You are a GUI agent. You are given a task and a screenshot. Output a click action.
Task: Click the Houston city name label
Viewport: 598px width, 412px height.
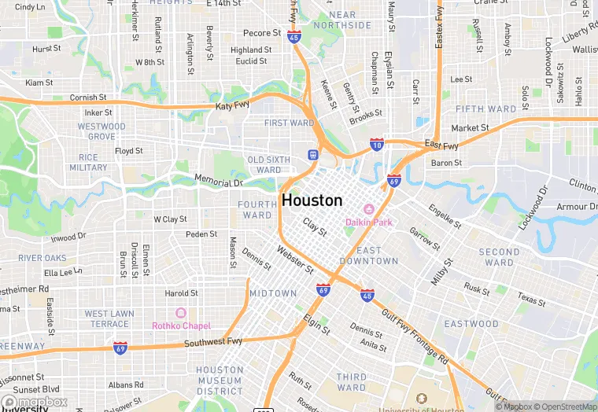tap(312, 200)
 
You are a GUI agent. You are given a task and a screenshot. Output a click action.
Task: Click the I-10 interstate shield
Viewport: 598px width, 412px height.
tap(377, 145)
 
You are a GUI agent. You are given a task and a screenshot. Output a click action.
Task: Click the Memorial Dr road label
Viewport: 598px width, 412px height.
tap(220, 182)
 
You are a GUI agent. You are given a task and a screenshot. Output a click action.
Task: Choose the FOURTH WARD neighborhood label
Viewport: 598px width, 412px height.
tap(257, 210)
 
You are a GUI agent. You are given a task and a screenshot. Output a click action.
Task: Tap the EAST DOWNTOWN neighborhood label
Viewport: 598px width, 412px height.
tap(369, 256)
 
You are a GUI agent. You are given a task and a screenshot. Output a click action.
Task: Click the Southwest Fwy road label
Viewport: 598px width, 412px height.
tap(216, 343)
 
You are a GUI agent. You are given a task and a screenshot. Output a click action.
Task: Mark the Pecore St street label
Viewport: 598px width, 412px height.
tap(262, 33)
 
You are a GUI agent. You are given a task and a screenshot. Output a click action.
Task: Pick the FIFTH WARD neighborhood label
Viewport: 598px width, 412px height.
tap(485, 109)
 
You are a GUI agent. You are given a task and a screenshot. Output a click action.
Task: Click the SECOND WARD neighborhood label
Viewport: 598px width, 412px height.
tap(499, 258)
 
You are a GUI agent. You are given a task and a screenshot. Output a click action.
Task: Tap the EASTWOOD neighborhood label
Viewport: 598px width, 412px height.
tap(471, 324)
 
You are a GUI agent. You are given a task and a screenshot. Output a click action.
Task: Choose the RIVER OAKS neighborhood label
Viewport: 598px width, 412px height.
tap(42, 258)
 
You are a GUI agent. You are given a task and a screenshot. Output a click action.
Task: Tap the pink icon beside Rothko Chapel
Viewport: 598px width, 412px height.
tap(181, 313)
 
